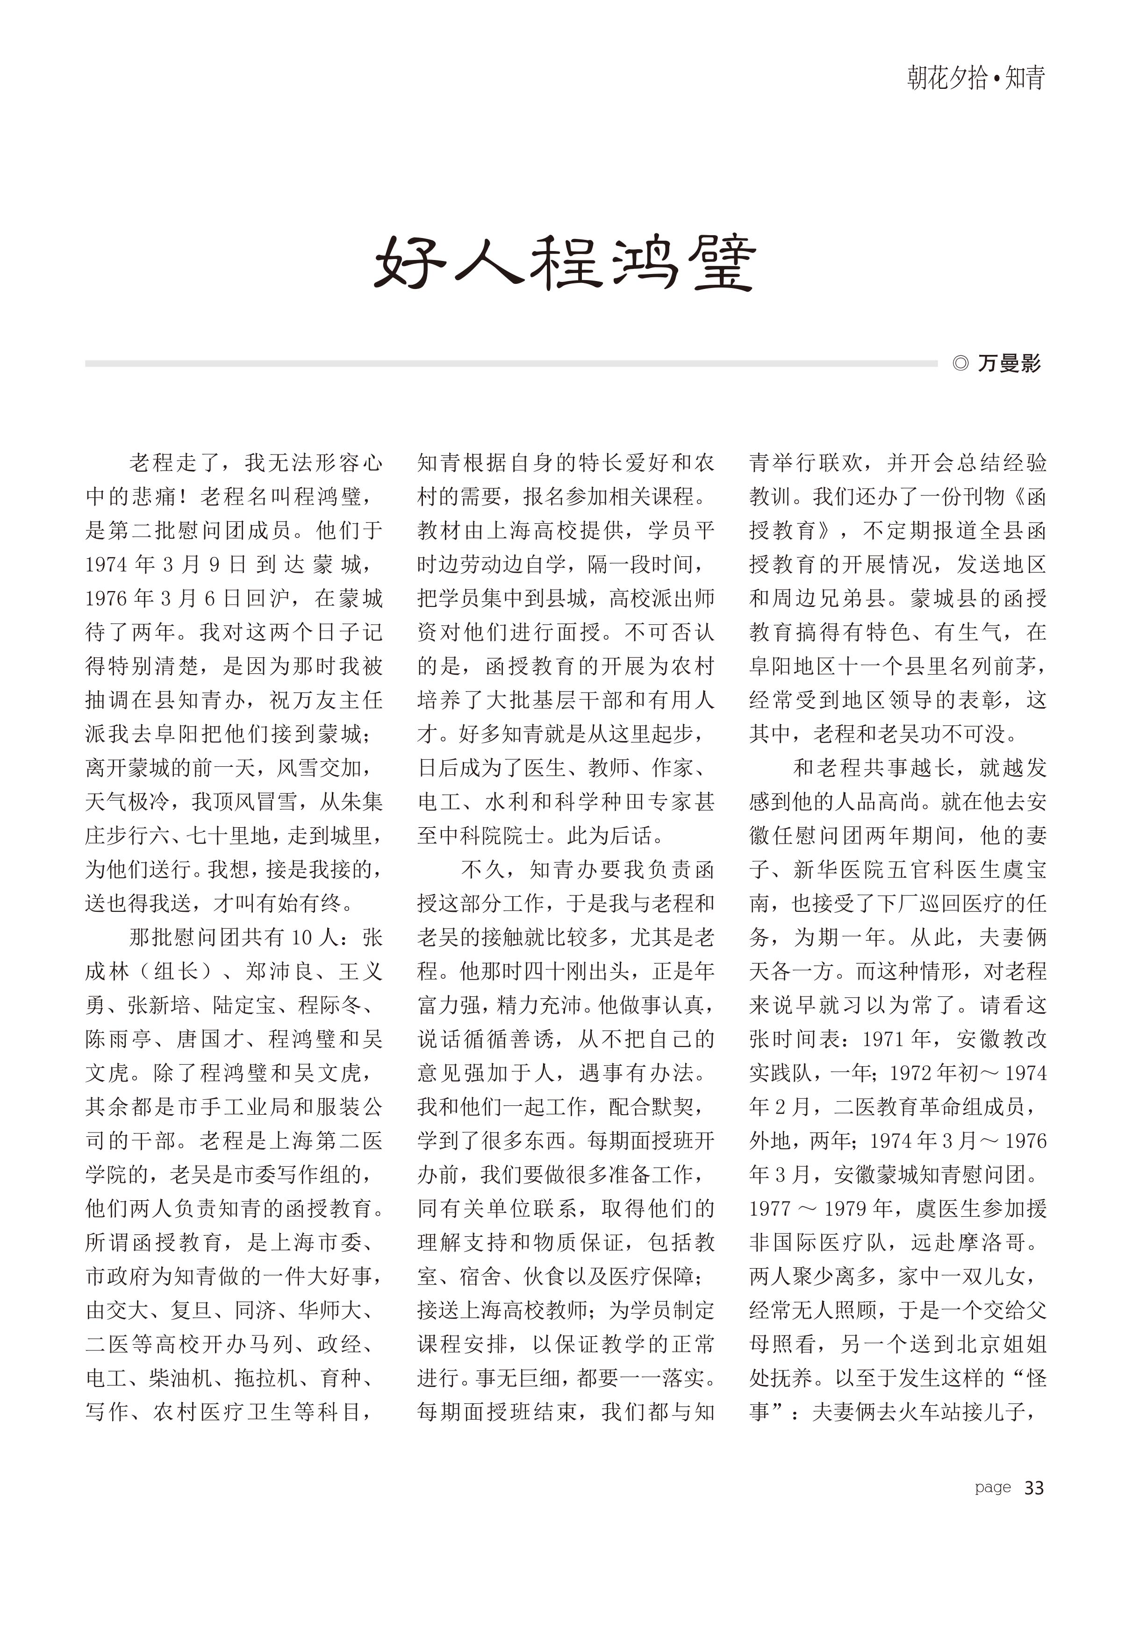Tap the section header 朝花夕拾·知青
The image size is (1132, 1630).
pyautogui.click(x=976, y=77)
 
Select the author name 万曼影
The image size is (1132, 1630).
pyautogui.click(x=1009, y=363)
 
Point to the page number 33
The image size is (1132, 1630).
pyautogui.click(x=1034, y=1487)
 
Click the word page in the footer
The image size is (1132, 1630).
pyautogui.click(x=992, y=1487)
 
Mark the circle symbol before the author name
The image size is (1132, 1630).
pyautogui.click(x=960, y=363)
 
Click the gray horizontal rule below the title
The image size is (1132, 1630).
pyautogui.click(x=511, y=363)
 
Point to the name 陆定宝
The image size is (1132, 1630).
pyautogui.click(x=244, y=1005)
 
